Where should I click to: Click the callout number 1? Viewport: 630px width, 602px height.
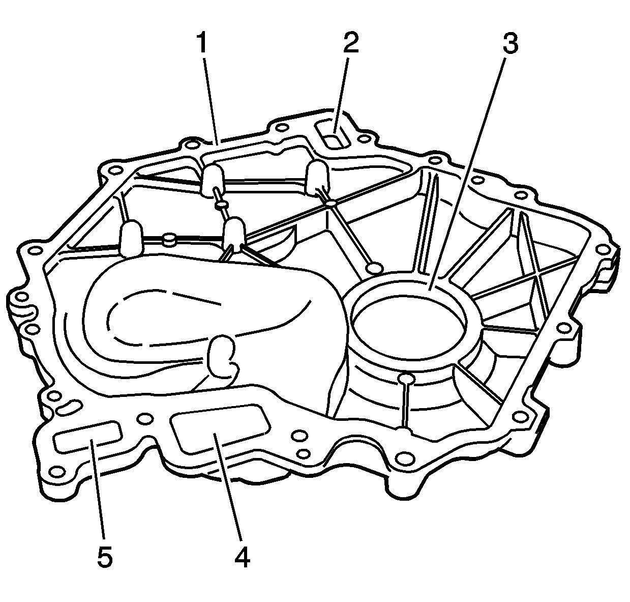[x=202, y=43]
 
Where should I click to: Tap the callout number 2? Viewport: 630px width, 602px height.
[x=351, y=42]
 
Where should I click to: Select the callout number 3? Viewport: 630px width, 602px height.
[x=511, y=43]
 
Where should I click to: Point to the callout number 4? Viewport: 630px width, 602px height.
[x=243, y=557]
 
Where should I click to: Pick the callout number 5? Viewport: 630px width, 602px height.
[x=105, y=557]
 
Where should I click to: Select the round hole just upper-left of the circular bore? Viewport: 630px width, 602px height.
[x=374, y=268]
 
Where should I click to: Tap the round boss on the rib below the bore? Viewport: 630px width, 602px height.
[x=407, y=378]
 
